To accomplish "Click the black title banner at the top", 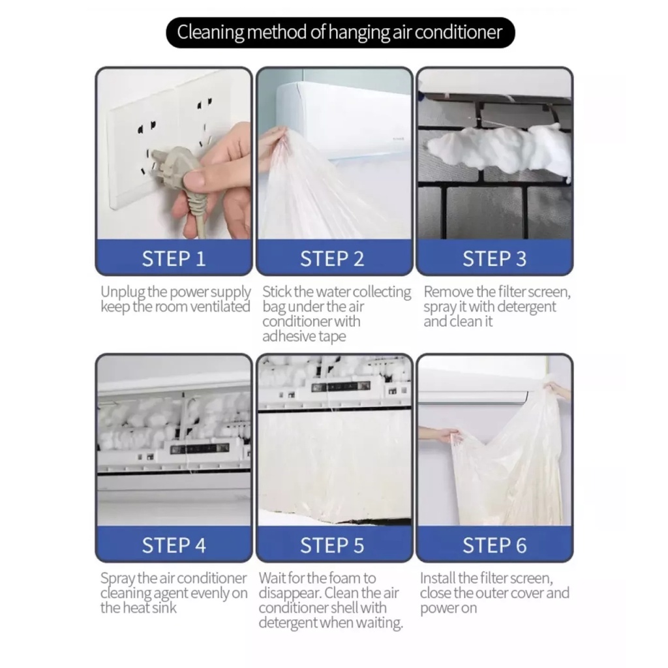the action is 341,33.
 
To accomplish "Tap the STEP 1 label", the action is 174,258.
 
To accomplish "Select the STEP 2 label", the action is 332,258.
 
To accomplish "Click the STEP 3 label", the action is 494,258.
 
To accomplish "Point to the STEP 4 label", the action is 174,545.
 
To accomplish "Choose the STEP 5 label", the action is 332,545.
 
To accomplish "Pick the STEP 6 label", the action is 494,545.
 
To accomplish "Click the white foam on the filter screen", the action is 498,149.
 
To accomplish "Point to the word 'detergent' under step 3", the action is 526,307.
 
